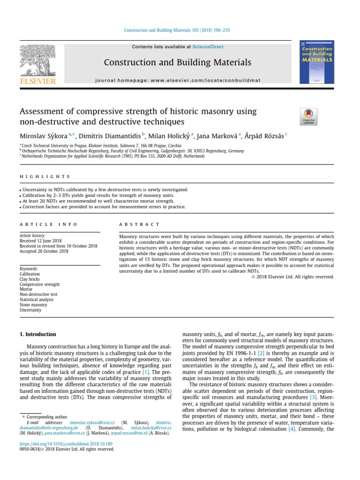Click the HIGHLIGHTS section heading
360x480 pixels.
click(45, 177)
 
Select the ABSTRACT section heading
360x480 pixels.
click(139, 225)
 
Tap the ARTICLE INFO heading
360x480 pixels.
click(48, 225)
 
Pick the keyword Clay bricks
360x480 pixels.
click(30, 279)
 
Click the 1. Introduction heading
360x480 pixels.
click(37, 334)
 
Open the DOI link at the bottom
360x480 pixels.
click(66, 443)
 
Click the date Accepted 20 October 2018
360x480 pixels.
click(44, 251)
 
